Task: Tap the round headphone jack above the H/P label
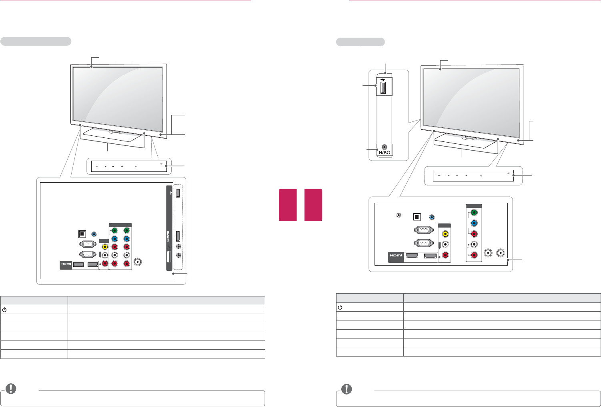pyautogui.click(x=385, y=147)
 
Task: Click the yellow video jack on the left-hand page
pyautogui.click(x=105, y=247)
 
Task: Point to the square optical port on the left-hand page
pyautogui.click(x=82, y=234)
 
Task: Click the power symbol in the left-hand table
pyautogui.click(x=4, y=309)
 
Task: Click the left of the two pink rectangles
pyautogui.click(x=288, y=205)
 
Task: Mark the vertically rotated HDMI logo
pyautogui.click(x=169, y=238)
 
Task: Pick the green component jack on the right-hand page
pyautogui.click(x=474, y=213)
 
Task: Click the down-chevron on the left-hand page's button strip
pyautogui.click(x=97, y=166)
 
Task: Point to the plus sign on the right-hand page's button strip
pyautogui.click(x=467, y=175)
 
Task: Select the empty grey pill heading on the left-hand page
pyautogui.click(x=36, y=41)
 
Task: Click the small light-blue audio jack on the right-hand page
pyautogui.click(x=431, y=217)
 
